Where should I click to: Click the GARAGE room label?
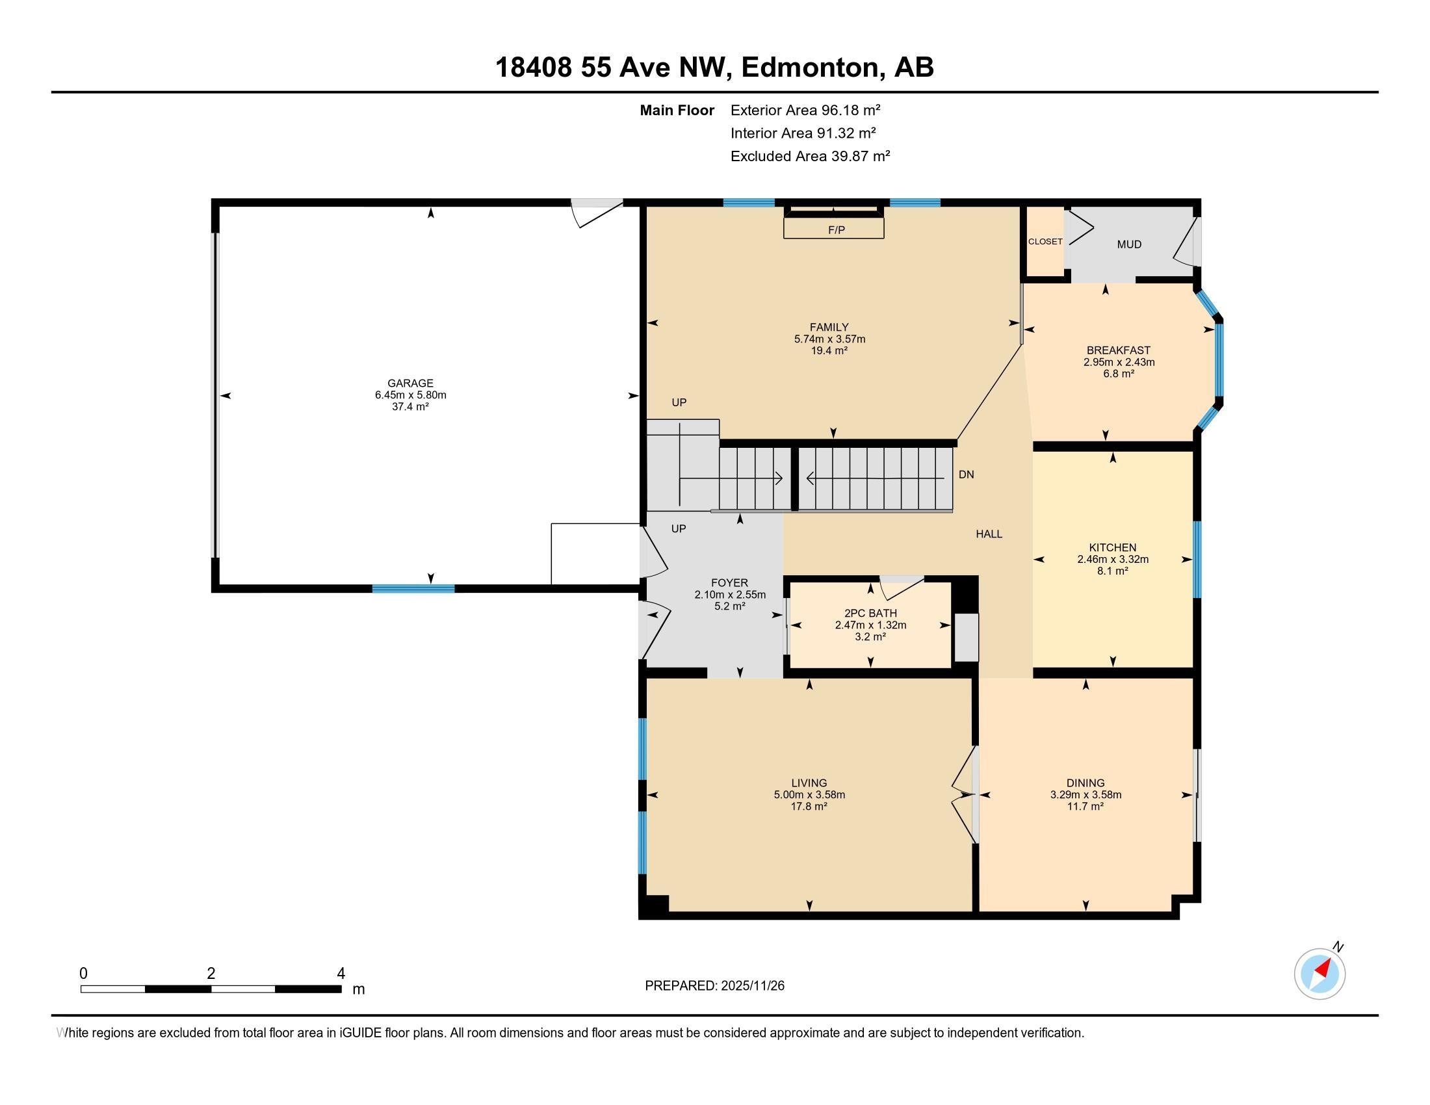click(x=410, y=383)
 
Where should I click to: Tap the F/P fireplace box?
click(x=833, y=229)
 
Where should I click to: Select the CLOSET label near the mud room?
click(x=1045, y=242)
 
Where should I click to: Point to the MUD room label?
click(x=1129, y=244)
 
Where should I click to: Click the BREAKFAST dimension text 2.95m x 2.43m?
click(x=1119, y=362)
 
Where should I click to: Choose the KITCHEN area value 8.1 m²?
click(x=1112, y=571)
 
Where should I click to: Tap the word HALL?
click(x=989, y=534)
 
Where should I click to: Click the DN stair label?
click(x=966, y=474)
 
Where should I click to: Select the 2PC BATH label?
click(x=870, y=613)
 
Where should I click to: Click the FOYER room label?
click(x=729, y=582)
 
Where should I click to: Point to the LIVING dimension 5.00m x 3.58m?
click(x=809, y=795)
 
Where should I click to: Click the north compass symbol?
click(x=1319, y=974)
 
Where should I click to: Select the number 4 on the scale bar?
click(x=341, y=974)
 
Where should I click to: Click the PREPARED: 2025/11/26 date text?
click(x=714, y=986)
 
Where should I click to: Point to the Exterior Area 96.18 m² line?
click(x=805, y=110)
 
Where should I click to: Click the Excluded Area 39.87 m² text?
click(x=810, y=156)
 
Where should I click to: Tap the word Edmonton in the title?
click(x=810, y=67)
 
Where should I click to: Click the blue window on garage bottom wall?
click(x=413, y=588)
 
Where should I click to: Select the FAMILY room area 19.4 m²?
click(x=829, y=350)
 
